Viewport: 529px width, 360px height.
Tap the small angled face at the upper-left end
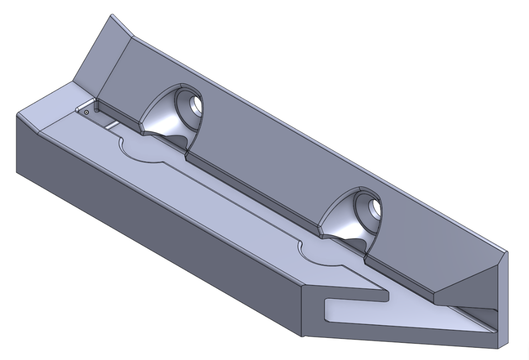(96, 54)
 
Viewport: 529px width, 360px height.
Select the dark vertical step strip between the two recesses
(257, 197)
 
